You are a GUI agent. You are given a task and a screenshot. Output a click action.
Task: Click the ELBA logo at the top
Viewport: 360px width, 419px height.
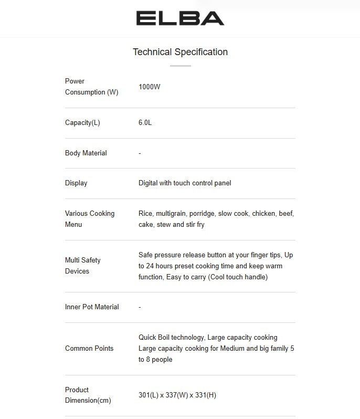click(x=180, y=18)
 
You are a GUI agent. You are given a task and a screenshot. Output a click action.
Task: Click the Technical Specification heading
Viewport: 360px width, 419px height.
click(x=180, y=52)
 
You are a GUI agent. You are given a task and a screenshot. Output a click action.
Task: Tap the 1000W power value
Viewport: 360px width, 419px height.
click(x=150, y=87)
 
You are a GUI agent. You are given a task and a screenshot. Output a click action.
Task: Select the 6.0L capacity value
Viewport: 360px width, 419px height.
click(x=145, y=123)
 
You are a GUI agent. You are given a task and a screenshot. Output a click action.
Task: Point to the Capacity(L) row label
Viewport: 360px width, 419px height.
click(x=82, y=123)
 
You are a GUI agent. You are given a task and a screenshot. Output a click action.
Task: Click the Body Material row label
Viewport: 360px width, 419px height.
click(x=86, y=153)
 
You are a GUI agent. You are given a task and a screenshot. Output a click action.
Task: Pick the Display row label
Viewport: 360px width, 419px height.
click(x=76, y=183)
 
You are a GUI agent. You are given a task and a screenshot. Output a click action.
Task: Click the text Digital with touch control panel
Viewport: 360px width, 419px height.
click(x=185, y=183)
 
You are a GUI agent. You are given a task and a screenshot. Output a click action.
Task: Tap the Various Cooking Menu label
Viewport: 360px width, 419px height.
click(x=89, y=219)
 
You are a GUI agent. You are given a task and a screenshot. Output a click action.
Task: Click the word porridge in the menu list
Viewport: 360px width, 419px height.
click(x=202, y=214)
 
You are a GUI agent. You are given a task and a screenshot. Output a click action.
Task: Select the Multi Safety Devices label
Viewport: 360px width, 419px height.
click(x=82, y=266)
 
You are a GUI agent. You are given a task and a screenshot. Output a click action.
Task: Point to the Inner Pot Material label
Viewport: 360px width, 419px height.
click(x=92, y=307)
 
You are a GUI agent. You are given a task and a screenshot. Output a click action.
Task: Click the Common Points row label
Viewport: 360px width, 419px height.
click(x=89, y=349)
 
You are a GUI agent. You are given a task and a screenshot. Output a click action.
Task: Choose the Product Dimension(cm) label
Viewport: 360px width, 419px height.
click(x=88, y=395)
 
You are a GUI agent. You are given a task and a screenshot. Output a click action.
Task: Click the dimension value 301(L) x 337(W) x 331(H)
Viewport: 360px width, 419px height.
click(x=177, y=395)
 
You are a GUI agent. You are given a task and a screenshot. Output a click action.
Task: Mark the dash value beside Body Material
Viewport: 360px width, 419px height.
click(x=140, y=153)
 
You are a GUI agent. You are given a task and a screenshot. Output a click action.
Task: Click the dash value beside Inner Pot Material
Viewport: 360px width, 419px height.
click(x=140, y=307)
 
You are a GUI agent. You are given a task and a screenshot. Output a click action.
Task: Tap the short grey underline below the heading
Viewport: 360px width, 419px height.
click(x=180, y=66)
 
